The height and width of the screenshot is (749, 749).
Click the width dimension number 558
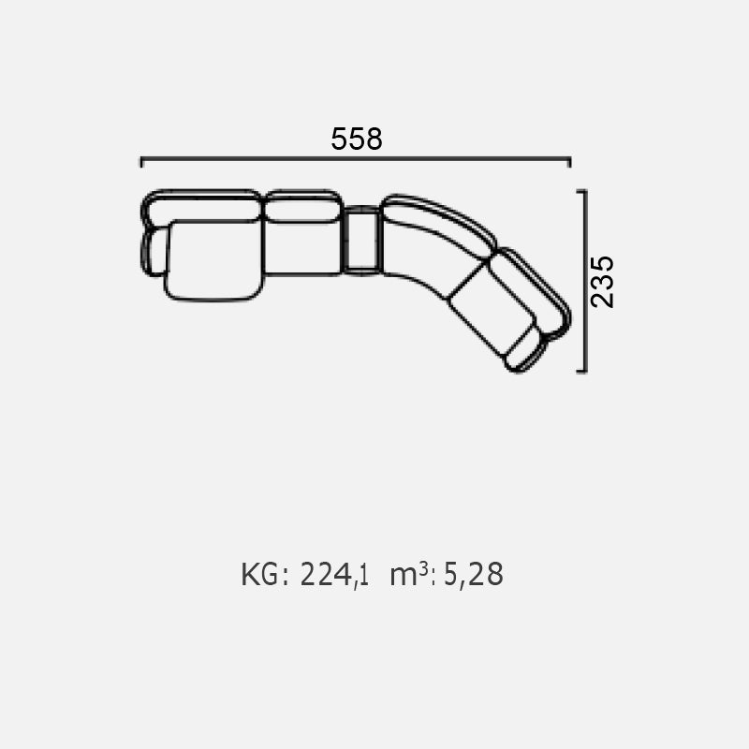pyautogui.click(x=357, y=139)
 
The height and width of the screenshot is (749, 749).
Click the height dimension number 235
pyautogui.click(x=602, y=282)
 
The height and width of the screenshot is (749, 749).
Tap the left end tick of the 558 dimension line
pyautogui.click(x=142, y=162)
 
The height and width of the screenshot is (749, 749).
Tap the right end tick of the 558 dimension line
pyautogui.click(x=569, y=162)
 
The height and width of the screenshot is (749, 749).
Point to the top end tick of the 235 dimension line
pyautogui.click(x=581, y=191)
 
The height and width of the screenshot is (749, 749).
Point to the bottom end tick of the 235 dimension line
pyautogui.click(x=581, y=371)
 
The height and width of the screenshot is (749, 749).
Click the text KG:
pyautogui.click(x=265, y=574)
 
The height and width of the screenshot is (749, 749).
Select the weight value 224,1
pyautogui.click(x=334, y=575)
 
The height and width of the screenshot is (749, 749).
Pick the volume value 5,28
pyautogui.click(x=474, y=575)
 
